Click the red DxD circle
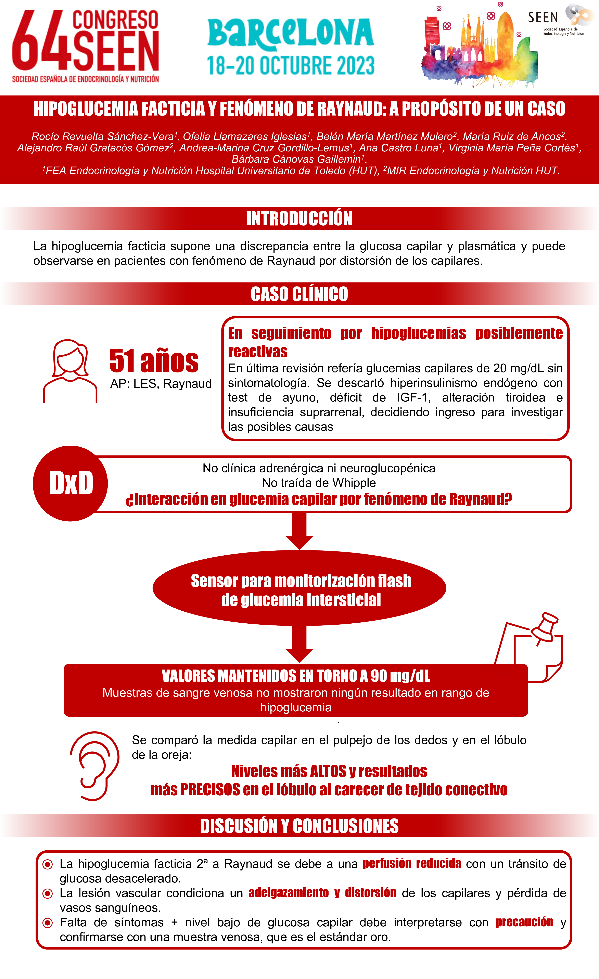[x=70, y=483]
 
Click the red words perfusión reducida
[x=411, y=863]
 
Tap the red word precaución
[x=524, y=922]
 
